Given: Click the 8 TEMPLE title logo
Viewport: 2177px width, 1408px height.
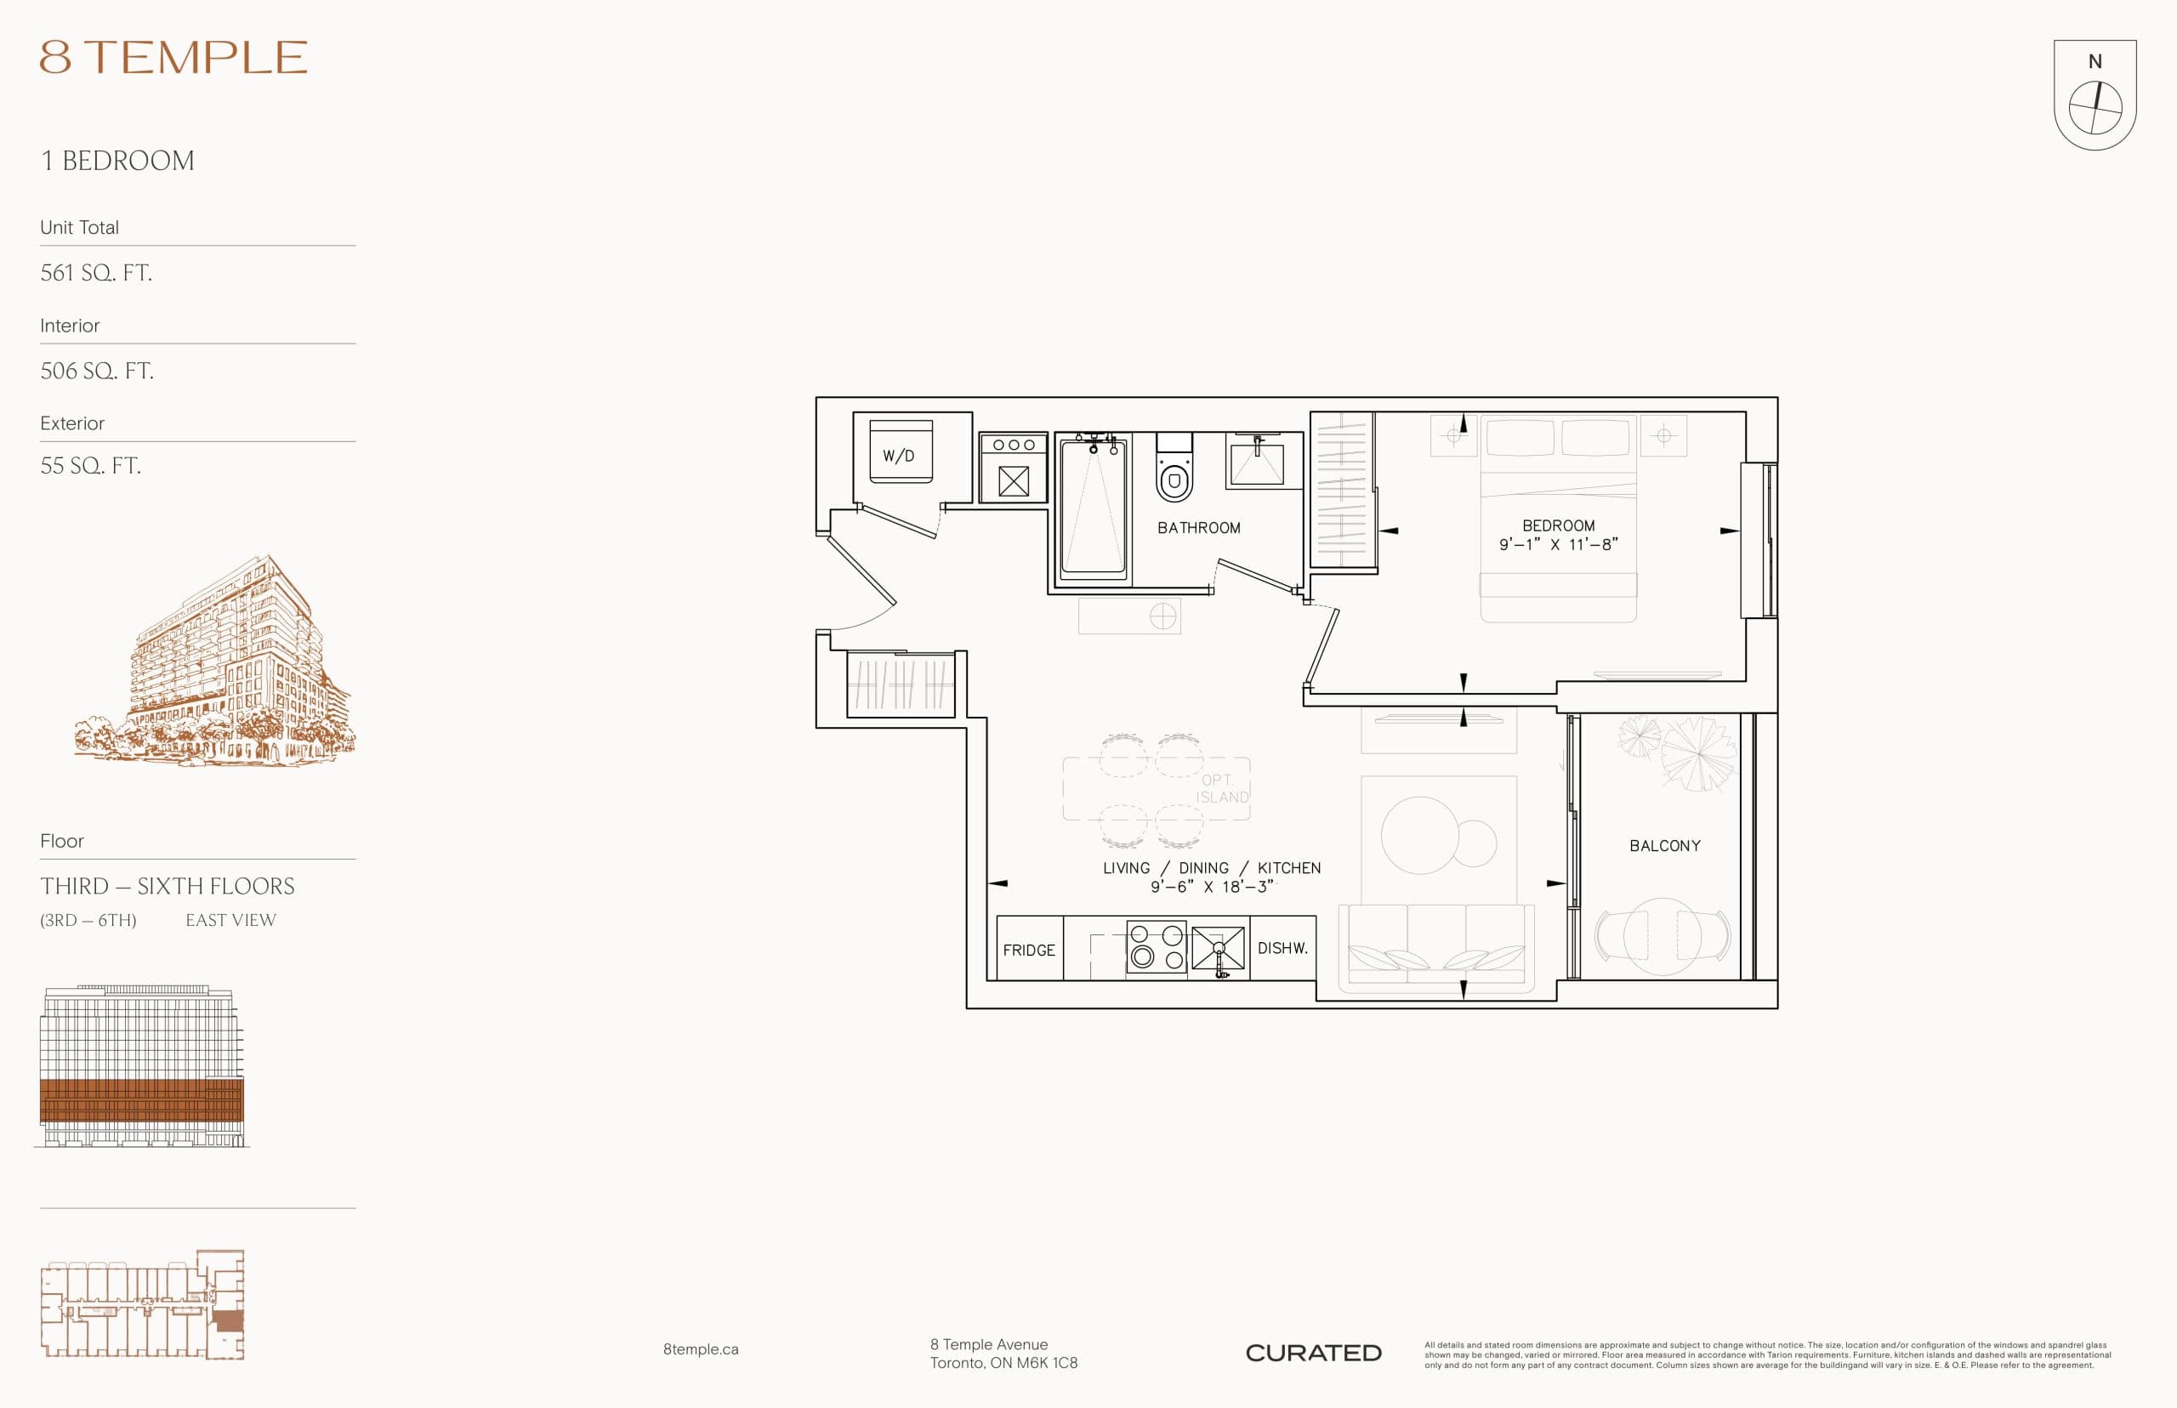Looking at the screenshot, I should [173, 58].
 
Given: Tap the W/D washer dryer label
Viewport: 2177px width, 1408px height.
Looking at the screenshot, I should [898, 456].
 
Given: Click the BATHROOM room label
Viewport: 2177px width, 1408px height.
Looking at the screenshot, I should [1199, 527].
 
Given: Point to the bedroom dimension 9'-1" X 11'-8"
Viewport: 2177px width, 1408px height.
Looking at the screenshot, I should [1558, 544].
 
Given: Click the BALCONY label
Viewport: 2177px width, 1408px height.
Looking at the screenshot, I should [1664, 846].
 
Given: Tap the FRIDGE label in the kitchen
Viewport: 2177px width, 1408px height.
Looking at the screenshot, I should [1029, 950].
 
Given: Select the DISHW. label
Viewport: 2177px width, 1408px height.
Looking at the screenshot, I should [1282, 948].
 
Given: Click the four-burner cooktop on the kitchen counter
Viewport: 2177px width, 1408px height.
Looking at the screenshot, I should [1156, 947].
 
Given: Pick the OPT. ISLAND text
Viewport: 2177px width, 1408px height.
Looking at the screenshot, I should [1221, 788].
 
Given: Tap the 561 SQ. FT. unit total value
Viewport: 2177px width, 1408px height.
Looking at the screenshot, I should [96, 272].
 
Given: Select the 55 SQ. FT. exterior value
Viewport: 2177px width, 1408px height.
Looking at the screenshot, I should [90, 465].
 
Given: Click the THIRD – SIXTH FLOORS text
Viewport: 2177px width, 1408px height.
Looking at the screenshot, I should [168, 886].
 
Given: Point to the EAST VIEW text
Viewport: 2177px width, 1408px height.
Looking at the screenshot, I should [230, 920].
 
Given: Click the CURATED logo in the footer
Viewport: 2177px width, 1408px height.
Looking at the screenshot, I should [1313, 1353].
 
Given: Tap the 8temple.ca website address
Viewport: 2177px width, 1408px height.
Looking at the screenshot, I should [701, 1349].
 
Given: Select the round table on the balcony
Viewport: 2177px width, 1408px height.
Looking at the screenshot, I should [1662, 936].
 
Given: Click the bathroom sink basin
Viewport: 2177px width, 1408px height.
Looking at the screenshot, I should [1257, 464].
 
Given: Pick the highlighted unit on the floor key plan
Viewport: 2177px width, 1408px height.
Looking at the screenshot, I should [228, 1321].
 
